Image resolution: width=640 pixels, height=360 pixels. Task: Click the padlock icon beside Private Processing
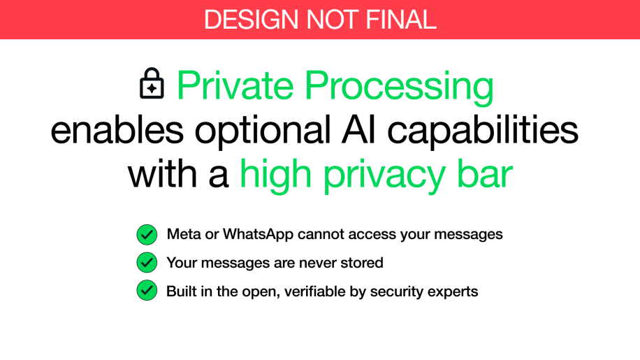point(152,83)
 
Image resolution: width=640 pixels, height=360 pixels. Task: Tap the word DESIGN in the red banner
point(251,20)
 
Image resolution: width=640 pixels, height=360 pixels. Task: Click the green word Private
point(235,85)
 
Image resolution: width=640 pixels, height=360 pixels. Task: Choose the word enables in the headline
point(117,130)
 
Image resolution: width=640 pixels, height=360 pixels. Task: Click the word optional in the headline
point(263,132)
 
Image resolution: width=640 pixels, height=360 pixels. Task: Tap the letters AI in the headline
point(358,130)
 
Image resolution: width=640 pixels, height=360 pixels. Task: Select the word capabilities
point(483,132)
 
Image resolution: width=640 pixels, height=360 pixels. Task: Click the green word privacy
point(384,177)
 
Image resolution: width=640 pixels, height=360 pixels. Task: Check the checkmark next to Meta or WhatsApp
point(147,235)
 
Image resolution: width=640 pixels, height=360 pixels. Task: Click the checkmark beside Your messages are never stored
point(147,262)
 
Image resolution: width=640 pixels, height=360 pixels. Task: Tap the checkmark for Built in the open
point(147,290)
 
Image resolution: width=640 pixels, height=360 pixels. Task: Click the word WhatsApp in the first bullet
point(258,235)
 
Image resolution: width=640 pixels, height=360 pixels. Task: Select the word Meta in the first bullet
point(184,234)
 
